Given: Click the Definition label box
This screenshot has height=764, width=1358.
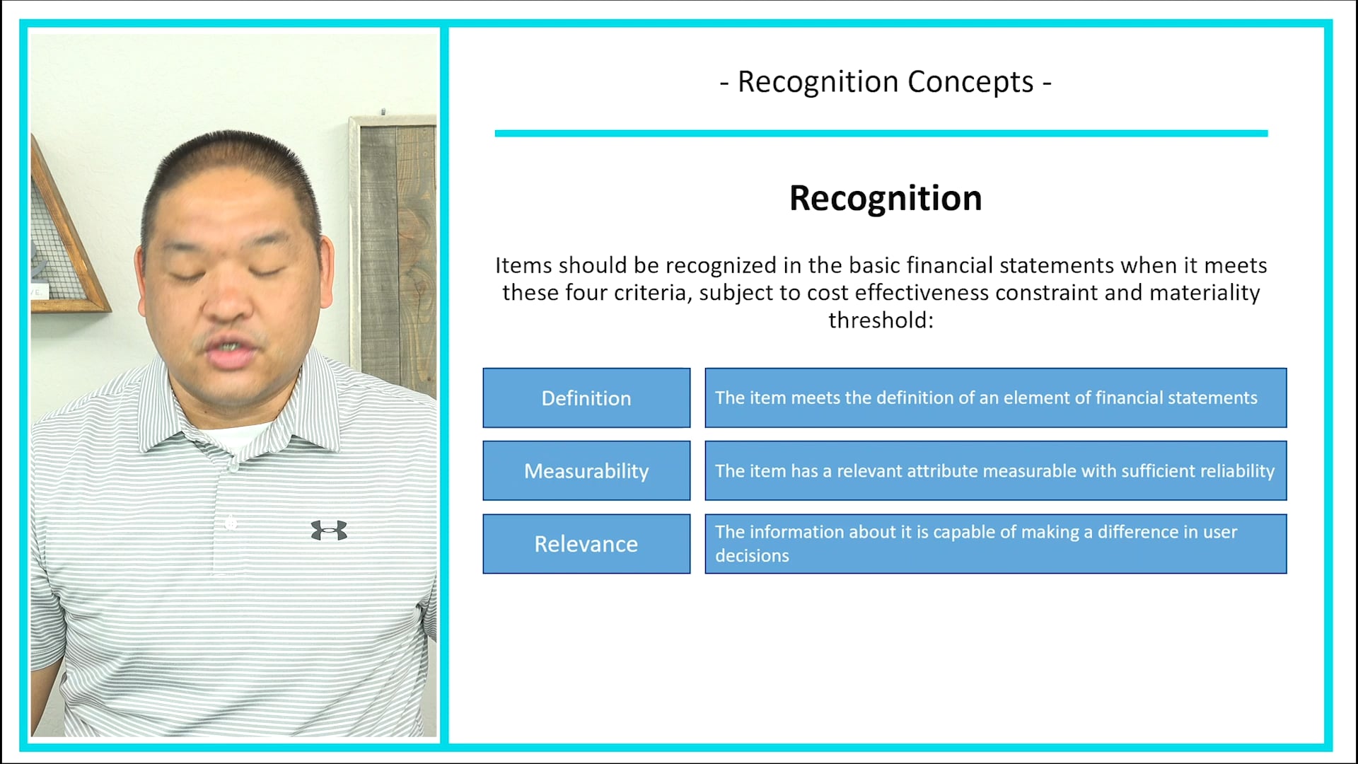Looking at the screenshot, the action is point(586,398).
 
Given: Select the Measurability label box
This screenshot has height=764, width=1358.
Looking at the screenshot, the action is point(586,470).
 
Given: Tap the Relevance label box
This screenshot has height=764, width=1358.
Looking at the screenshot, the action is point(586,543).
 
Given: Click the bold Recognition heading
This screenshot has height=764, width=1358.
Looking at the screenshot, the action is point(886,198).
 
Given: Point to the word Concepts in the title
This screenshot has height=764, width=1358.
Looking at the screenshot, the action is point(970,82).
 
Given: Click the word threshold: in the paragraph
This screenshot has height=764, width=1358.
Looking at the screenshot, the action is point(881,320).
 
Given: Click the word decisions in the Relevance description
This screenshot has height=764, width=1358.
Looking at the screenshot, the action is point(752,555).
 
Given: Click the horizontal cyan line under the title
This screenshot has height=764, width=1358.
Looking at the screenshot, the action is point(881,133).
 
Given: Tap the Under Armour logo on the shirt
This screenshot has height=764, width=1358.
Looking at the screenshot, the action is point(329,530).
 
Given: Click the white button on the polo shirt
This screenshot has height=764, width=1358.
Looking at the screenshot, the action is point(231,523).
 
